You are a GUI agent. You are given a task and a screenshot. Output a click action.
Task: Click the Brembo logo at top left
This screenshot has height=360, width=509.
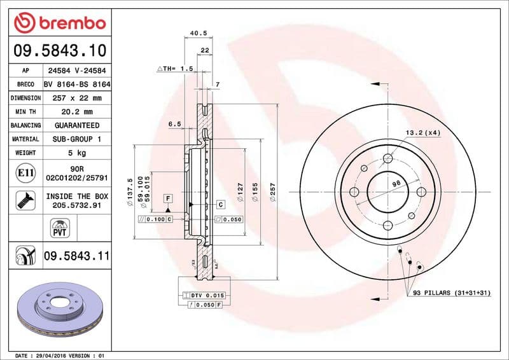(x=59, y=23)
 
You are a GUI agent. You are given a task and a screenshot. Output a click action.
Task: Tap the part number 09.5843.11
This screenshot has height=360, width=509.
(x=76, y=256)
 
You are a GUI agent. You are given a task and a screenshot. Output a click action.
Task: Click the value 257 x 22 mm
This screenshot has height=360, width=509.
(x=76, y=98)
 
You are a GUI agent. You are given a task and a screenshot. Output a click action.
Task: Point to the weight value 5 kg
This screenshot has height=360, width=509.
(x=76, y=153)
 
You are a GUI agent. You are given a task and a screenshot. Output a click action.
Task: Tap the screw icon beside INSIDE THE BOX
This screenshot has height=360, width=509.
(x=24, y=201)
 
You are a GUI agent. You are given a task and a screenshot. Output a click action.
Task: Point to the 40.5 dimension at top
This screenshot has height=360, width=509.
(x=198, y=33)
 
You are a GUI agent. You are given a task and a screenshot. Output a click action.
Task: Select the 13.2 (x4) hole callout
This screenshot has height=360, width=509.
(x=423, y=132)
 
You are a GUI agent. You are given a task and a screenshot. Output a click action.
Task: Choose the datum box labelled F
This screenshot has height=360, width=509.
(x=168, y=198)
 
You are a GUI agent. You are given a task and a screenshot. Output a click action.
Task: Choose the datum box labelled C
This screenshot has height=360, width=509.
(x=220, y=204)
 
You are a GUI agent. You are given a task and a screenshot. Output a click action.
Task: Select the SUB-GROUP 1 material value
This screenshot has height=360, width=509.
(x=76, y=139)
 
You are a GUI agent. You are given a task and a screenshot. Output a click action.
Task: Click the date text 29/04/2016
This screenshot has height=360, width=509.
(x=46, y=355)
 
